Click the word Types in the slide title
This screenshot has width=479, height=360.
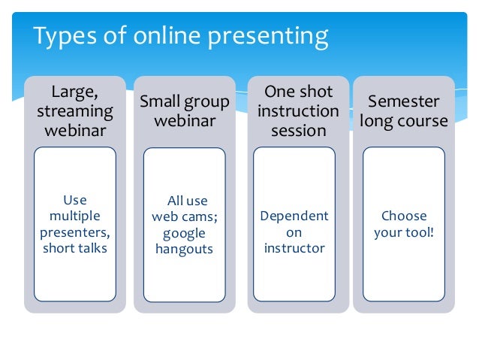[62, 36]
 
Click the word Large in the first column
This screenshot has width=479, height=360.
[74, 92]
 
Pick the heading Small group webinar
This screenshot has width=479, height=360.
[184, 111]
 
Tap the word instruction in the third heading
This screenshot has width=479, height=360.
[298, 111]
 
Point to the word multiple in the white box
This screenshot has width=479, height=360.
[75, 216]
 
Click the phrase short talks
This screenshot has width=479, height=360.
[75, 248]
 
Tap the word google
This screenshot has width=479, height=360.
[184, 233]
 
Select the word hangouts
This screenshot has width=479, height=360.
[184, 249]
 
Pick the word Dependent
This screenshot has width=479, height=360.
[294, 216]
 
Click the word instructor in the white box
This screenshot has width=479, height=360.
[294, 248]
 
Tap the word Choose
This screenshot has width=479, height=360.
[404, 216]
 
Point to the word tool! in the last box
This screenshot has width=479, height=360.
[420, 232]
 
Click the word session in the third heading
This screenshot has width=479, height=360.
[298, 130]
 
